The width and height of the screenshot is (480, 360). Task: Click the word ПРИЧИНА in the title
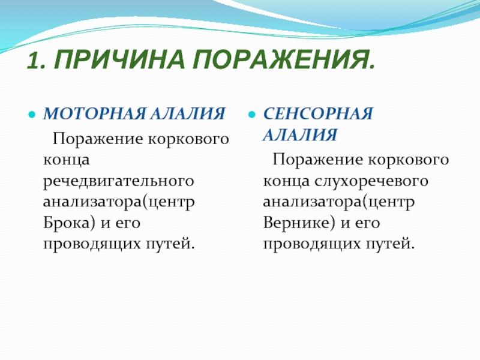(x=119, y=59)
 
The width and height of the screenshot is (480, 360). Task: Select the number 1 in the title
(x=36, y=60)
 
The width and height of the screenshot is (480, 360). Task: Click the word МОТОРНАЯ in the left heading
(x=94, y=113)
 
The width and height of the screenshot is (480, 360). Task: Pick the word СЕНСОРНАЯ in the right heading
(x=318, y=113)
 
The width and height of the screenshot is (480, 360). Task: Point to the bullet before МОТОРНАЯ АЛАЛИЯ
(x=32, y=115)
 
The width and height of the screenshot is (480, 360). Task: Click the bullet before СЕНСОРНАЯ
(x=251, y=115)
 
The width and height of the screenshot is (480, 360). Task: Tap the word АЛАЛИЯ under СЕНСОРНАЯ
(x=300, y=134)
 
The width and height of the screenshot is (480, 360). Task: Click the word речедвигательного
(x=118, y=181)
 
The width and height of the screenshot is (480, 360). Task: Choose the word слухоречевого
(x=371, y=181)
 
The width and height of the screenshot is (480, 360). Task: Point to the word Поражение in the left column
(x=98, y=140)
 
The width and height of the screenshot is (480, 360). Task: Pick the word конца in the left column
(x=66, y=160)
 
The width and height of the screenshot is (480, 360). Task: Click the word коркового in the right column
(x=408, y=160)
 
